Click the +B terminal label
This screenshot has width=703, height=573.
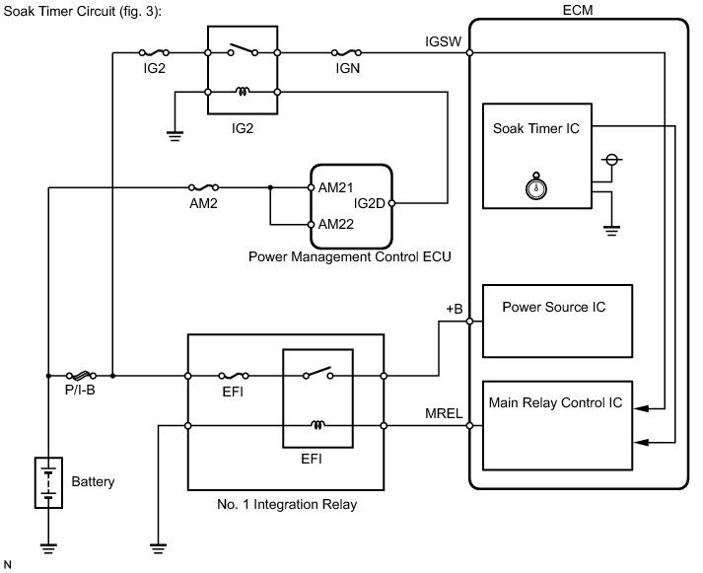(x=455, y=309)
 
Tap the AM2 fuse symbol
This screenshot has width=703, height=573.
(x=205, y=185)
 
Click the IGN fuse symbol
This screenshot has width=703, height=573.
(x=347, y=52)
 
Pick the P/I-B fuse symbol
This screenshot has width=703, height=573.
(x=82, y=376)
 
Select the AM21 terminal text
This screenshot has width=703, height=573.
(x=335, y=187)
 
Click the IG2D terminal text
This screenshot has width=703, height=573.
(x=369, y=204)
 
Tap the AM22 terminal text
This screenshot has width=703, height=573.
(x=335, y=223)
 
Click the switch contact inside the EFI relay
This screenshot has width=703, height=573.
(x=316, y=375)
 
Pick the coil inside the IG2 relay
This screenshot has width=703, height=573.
(x=243, y=93)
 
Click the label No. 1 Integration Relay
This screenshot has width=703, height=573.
(x=286, y=504)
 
